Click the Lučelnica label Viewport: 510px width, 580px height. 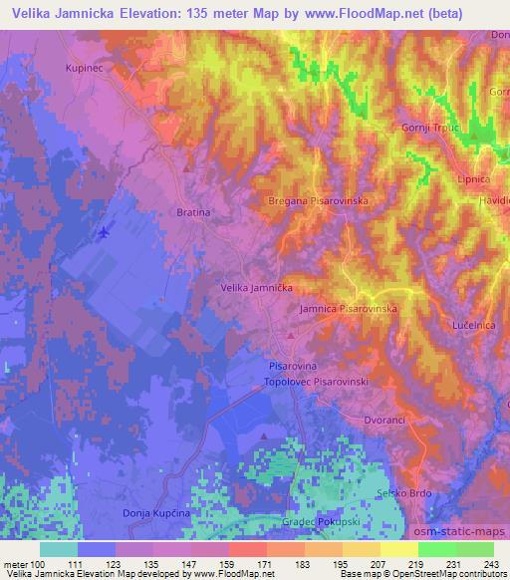pos(473,326)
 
